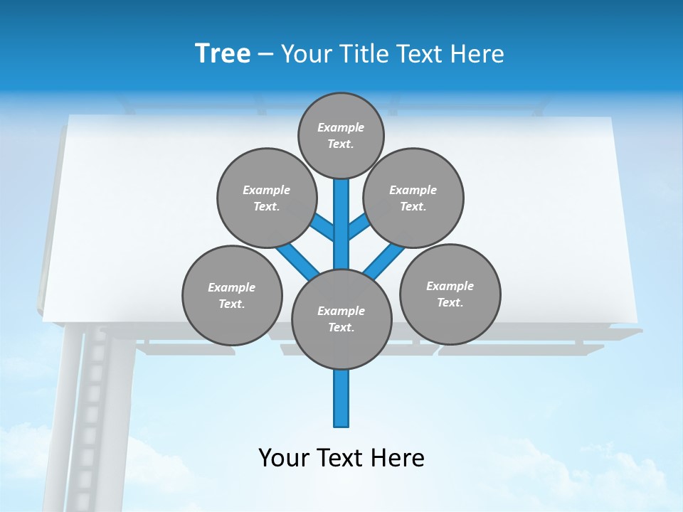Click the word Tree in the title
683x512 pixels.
click(223, 53)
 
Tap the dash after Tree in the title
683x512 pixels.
click(265, 55)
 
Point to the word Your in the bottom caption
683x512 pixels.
click(284, 457)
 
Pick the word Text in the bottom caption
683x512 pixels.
click(341, 457)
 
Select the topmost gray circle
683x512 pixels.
click(341, 135)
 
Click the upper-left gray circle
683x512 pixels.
click(266, 198)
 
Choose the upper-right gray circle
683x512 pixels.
click(413, 198)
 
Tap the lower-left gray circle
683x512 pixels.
click(232, 295)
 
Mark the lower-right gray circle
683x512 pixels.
click(450, 294)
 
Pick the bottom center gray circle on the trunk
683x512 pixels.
click(341, 319)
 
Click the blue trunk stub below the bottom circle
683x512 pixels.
click(341, 398)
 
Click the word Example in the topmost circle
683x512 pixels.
click(341, 127)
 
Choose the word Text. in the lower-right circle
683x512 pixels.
click(450, 302)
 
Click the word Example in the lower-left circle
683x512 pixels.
click(232, 287)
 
